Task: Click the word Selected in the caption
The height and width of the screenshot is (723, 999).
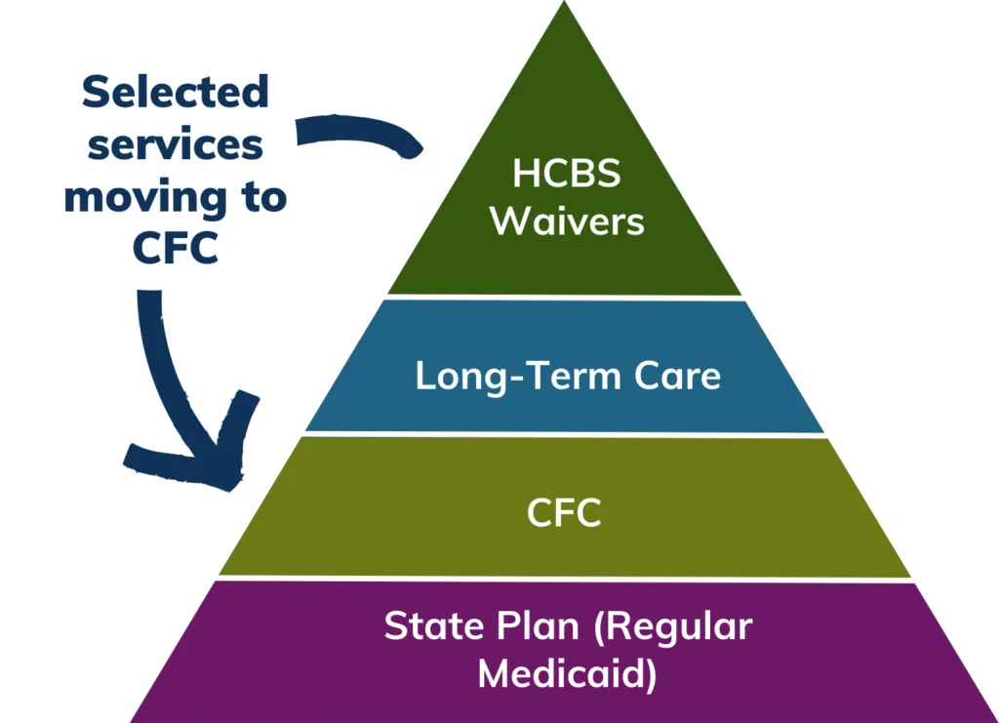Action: tap(175, 93)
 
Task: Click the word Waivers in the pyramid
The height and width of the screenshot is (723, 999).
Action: tap(566, 221)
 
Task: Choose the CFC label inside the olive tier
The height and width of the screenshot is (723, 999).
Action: tap(564, 513)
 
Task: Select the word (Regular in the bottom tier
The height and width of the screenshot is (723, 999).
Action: tap(673, 627)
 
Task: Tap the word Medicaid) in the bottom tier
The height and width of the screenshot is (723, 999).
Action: tap(566, 674)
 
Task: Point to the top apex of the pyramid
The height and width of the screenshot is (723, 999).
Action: tap(564, 5)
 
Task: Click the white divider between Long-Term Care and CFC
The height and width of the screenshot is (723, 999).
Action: tap(564, 434)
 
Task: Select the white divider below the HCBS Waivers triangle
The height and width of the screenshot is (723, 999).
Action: tap(564, 297)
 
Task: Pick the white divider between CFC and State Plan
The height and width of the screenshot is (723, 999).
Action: tap(564, 578)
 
